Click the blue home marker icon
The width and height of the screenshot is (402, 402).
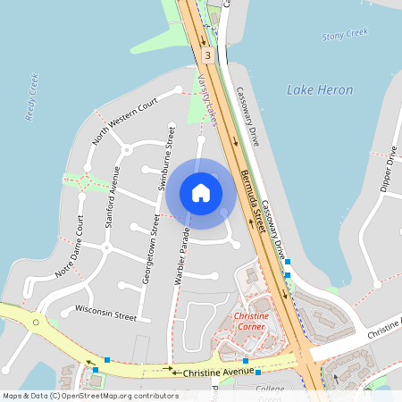pyautogui.click(x=201, y=192)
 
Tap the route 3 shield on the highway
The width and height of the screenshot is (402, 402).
pyautogui.click(x=207, y=55)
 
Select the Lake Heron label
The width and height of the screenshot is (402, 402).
pyautogui.click(x=320, y=90)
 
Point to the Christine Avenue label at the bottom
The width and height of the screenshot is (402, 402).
pyautogui.click(x=220, y=372)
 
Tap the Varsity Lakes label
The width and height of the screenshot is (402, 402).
pyautogui.click(x=208, y=96)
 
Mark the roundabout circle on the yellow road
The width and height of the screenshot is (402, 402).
pyautogui.click(x=36, y=321)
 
